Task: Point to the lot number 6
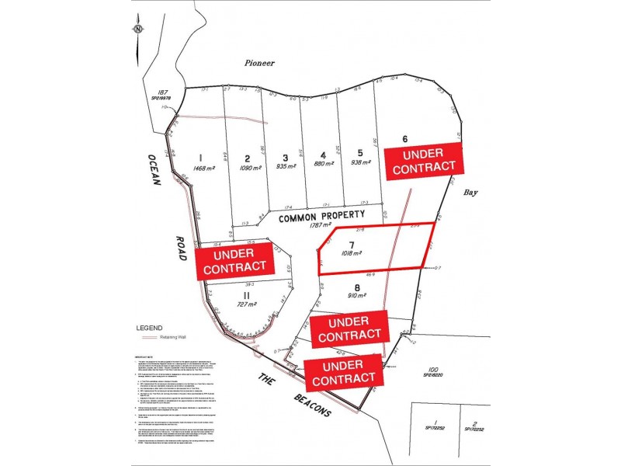[x=404, y=139]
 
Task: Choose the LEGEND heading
[x=150, y=328]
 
